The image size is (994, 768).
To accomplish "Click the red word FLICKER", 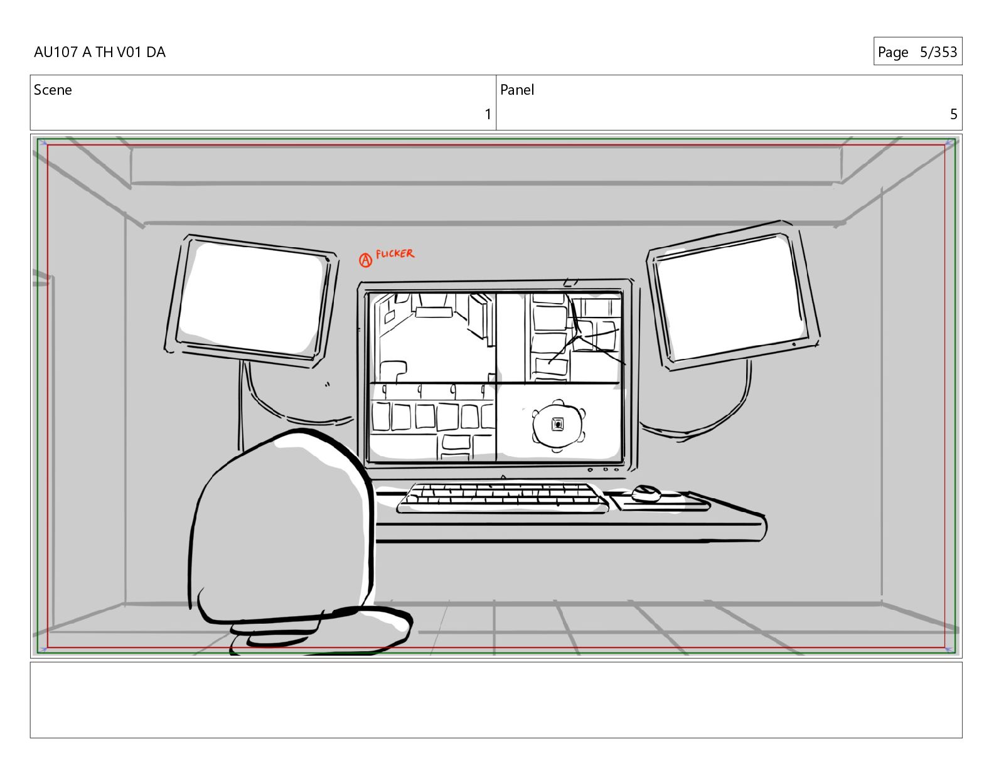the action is pos(395,254).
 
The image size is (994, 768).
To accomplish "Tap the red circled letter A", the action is pos(365,260).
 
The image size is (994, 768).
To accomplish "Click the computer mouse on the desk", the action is pos(646,493).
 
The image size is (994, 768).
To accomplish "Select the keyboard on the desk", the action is pos(502,498).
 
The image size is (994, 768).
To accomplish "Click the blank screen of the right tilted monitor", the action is pos(730,297).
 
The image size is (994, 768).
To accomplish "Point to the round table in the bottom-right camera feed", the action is pos(558,425).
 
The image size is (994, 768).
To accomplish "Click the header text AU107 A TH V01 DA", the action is pos(100,52).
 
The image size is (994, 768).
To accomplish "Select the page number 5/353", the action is pos(938,52).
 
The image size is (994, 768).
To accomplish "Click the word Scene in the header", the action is pos(53,90).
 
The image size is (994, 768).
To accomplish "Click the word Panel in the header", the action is pos(517,90).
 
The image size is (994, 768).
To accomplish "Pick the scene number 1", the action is pos(488,114).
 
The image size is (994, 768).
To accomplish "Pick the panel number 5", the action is pos(953,114).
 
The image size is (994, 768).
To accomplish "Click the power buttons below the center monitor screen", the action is pos(604,469).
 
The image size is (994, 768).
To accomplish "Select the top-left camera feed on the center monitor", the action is pos(432,338).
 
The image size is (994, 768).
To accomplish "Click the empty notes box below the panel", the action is pos(496,700).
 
